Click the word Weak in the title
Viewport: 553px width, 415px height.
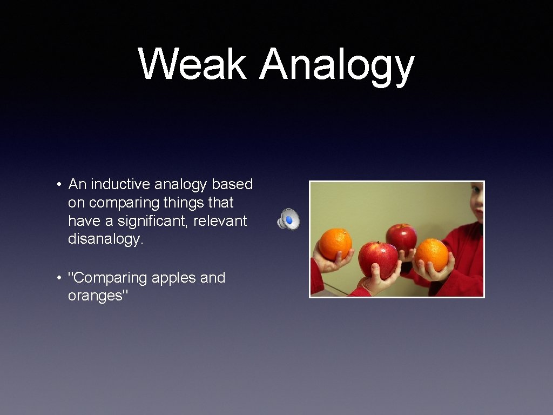tap(192, 64)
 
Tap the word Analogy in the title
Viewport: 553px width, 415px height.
tap(336, 66)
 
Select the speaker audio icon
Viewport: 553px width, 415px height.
tap(288, 219)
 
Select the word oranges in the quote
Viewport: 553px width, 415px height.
tap(97, 296)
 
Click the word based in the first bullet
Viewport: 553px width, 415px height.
tap(232, 184)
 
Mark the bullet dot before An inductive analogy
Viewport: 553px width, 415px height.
tap(58, 185)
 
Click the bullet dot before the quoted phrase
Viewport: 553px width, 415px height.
tap(58, 278)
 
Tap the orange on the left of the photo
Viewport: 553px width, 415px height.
tap(334, 243)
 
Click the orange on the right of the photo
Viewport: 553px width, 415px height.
tap(431, 254)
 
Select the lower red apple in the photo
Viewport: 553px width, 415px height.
tap(378, 259)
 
